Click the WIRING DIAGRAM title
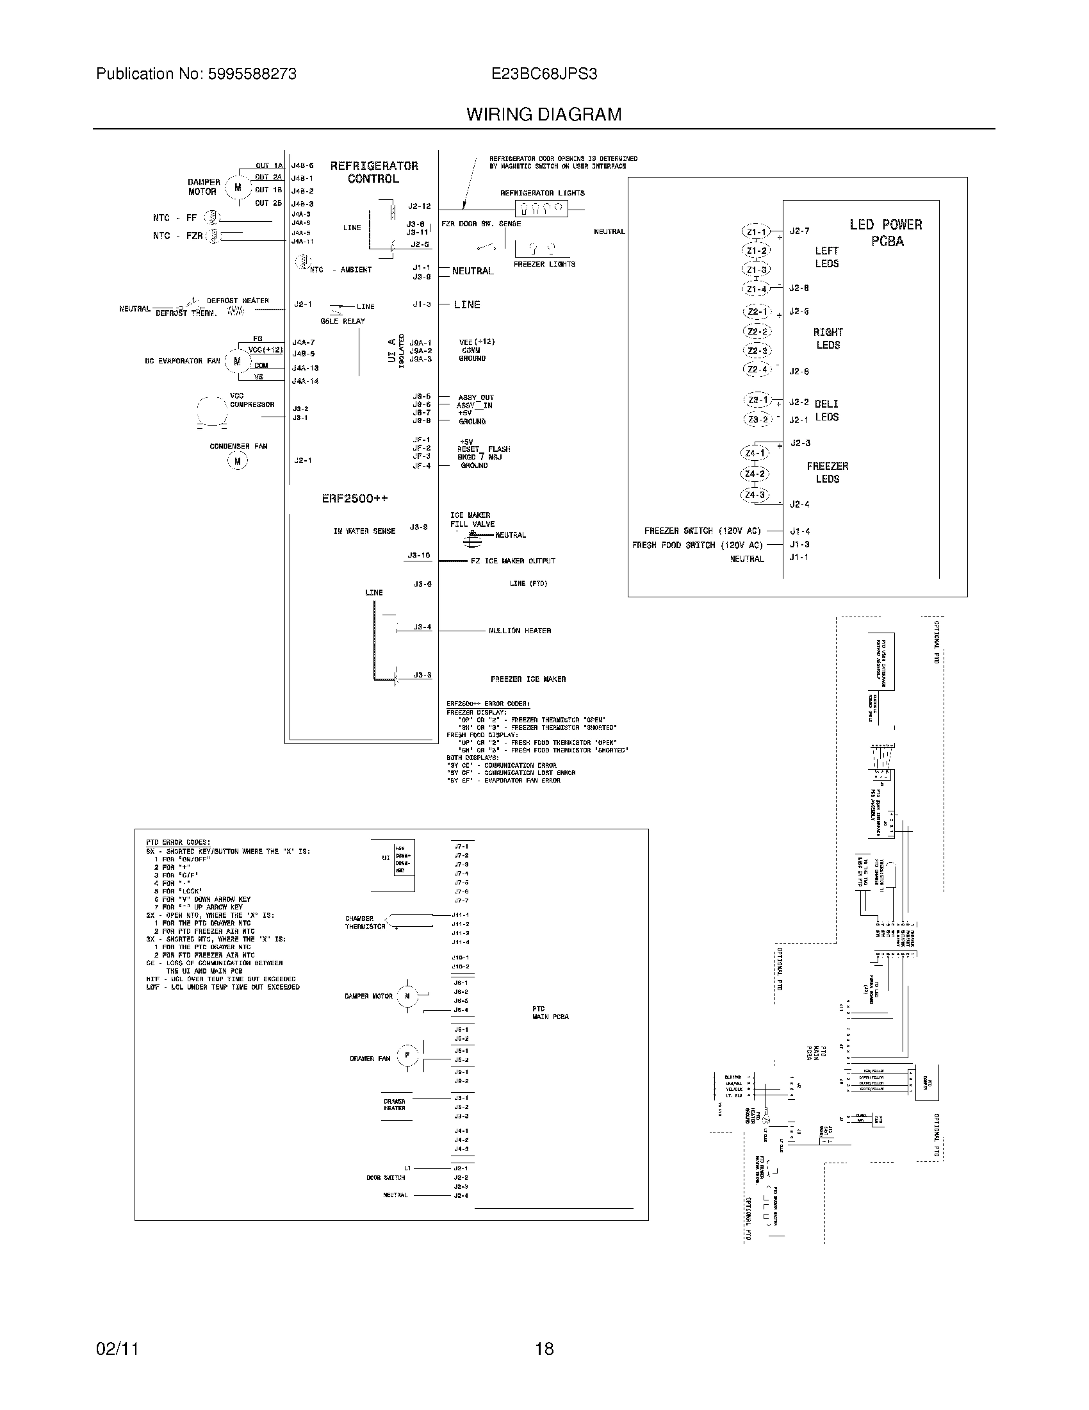[544, 114]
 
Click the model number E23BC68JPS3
[544, 74]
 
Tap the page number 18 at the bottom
[544, 1348]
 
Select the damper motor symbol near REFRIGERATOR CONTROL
[238, 188]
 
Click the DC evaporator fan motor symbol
[237, 361]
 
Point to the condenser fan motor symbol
[238, 461]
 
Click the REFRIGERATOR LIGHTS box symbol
[541, 208]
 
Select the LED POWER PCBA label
[886, 233]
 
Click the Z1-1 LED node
[755, 232]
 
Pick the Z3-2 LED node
[757, 420]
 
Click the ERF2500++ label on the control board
[355, 499]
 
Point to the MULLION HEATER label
[520, 631]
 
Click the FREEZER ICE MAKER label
[528, 679]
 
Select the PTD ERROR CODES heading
[177, 843]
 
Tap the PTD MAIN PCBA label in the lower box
[550, 1012]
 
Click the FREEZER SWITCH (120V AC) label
[702, 531]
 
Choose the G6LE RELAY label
[343, 321]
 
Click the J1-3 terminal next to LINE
[422, 304]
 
